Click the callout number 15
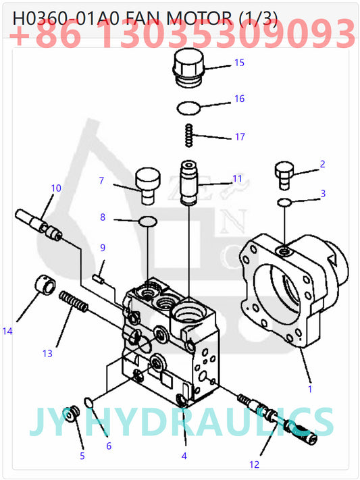[x=239, y=63]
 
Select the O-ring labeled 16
[x=189, y=107]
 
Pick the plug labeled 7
[x=147, y=184]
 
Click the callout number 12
[x=254, y=464]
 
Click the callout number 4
[x=184, y=456]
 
